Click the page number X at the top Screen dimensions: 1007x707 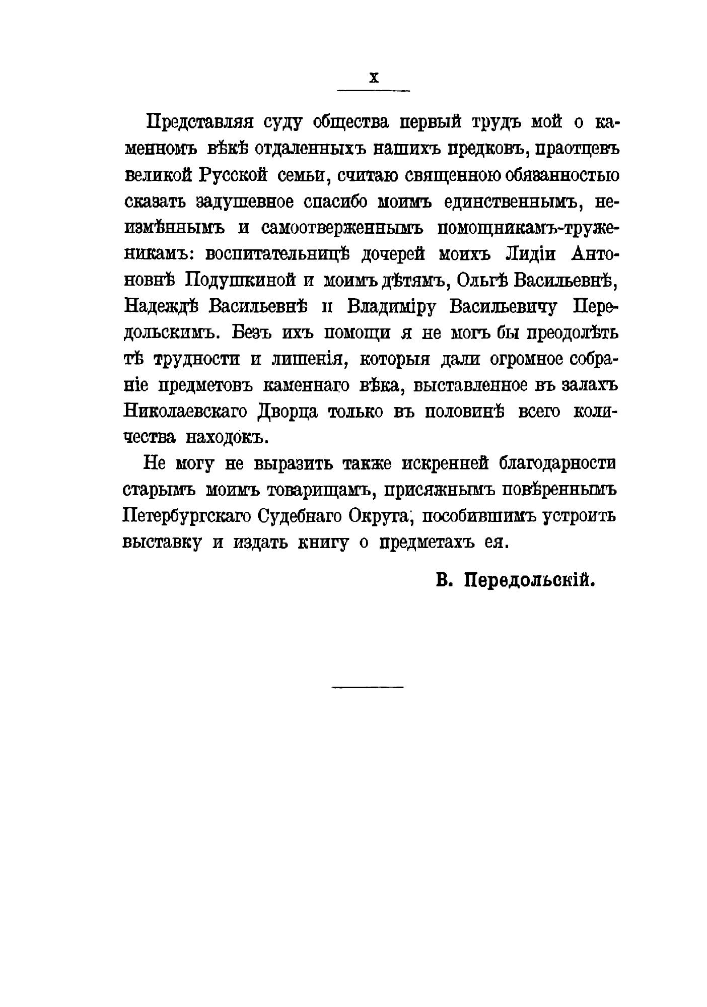(x=373, y=78)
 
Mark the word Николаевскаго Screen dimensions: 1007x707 (x=185, y=411)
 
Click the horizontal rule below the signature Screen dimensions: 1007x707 (x=368, y=686)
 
